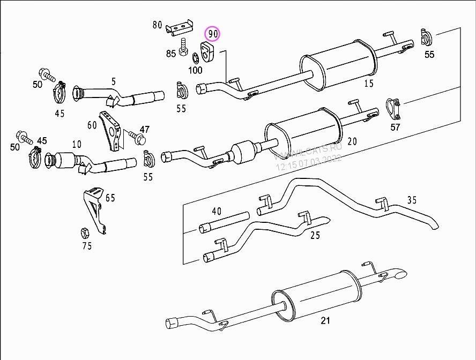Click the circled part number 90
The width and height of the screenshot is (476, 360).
pos(214,34)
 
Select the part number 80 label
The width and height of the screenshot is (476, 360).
pos(157,25)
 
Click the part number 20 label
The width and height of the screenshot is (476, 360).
pos(352,141)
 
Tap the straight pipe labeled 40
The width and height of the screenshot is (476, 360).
pos(224,222)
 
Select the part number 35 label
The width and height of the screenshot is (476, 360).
pos(412,200)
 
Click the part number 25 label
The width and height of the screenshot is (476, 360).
pos(315,235)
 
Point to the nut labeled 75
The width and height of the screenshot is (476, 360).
pos(84,232)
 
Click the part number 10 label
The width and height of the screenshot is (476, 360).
pos(77,144)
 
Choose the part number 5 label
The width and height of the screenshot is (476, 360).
pos(114,81)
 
